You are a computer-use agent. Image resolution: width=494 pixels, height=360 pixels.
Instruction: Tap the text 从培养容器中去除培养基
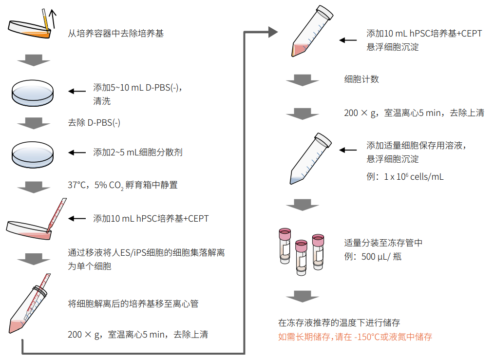(x=116, y=34)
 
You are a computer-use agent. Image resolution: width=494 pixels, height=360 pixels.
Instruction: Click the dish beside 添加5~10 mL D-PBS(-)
(x=33, y=92)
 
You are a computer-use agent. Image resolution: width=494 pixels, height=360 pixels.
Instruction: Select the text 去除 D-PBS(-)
(x=94, y=123)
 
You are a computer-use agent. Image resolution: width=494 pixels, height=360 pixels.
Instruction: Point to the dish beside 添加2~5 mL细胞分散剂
(x=33, y=152)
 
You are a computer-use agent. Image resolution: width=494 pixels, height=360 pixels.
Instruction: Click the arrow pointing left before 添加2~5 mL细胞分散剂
(x=76, y=152)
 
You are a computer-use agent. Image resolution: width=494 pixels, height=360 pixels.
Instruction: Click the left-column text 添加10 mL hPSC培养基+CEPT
(x=151, y=219)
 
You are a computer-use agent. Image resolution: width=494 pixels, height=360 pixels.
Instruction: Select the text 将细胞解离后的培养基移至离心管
(x=133, y=304)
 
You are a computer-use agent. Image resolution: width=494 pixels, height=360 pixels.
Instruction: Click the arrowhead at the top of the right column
(x=273, y=33)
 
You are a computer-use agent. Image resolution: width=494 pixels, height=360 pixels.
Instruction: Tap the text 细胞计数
(x=361, y=79)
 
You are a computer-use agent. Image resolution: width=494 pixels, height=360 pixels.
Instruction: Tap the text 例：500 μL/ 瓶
(x=373, y=257)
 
